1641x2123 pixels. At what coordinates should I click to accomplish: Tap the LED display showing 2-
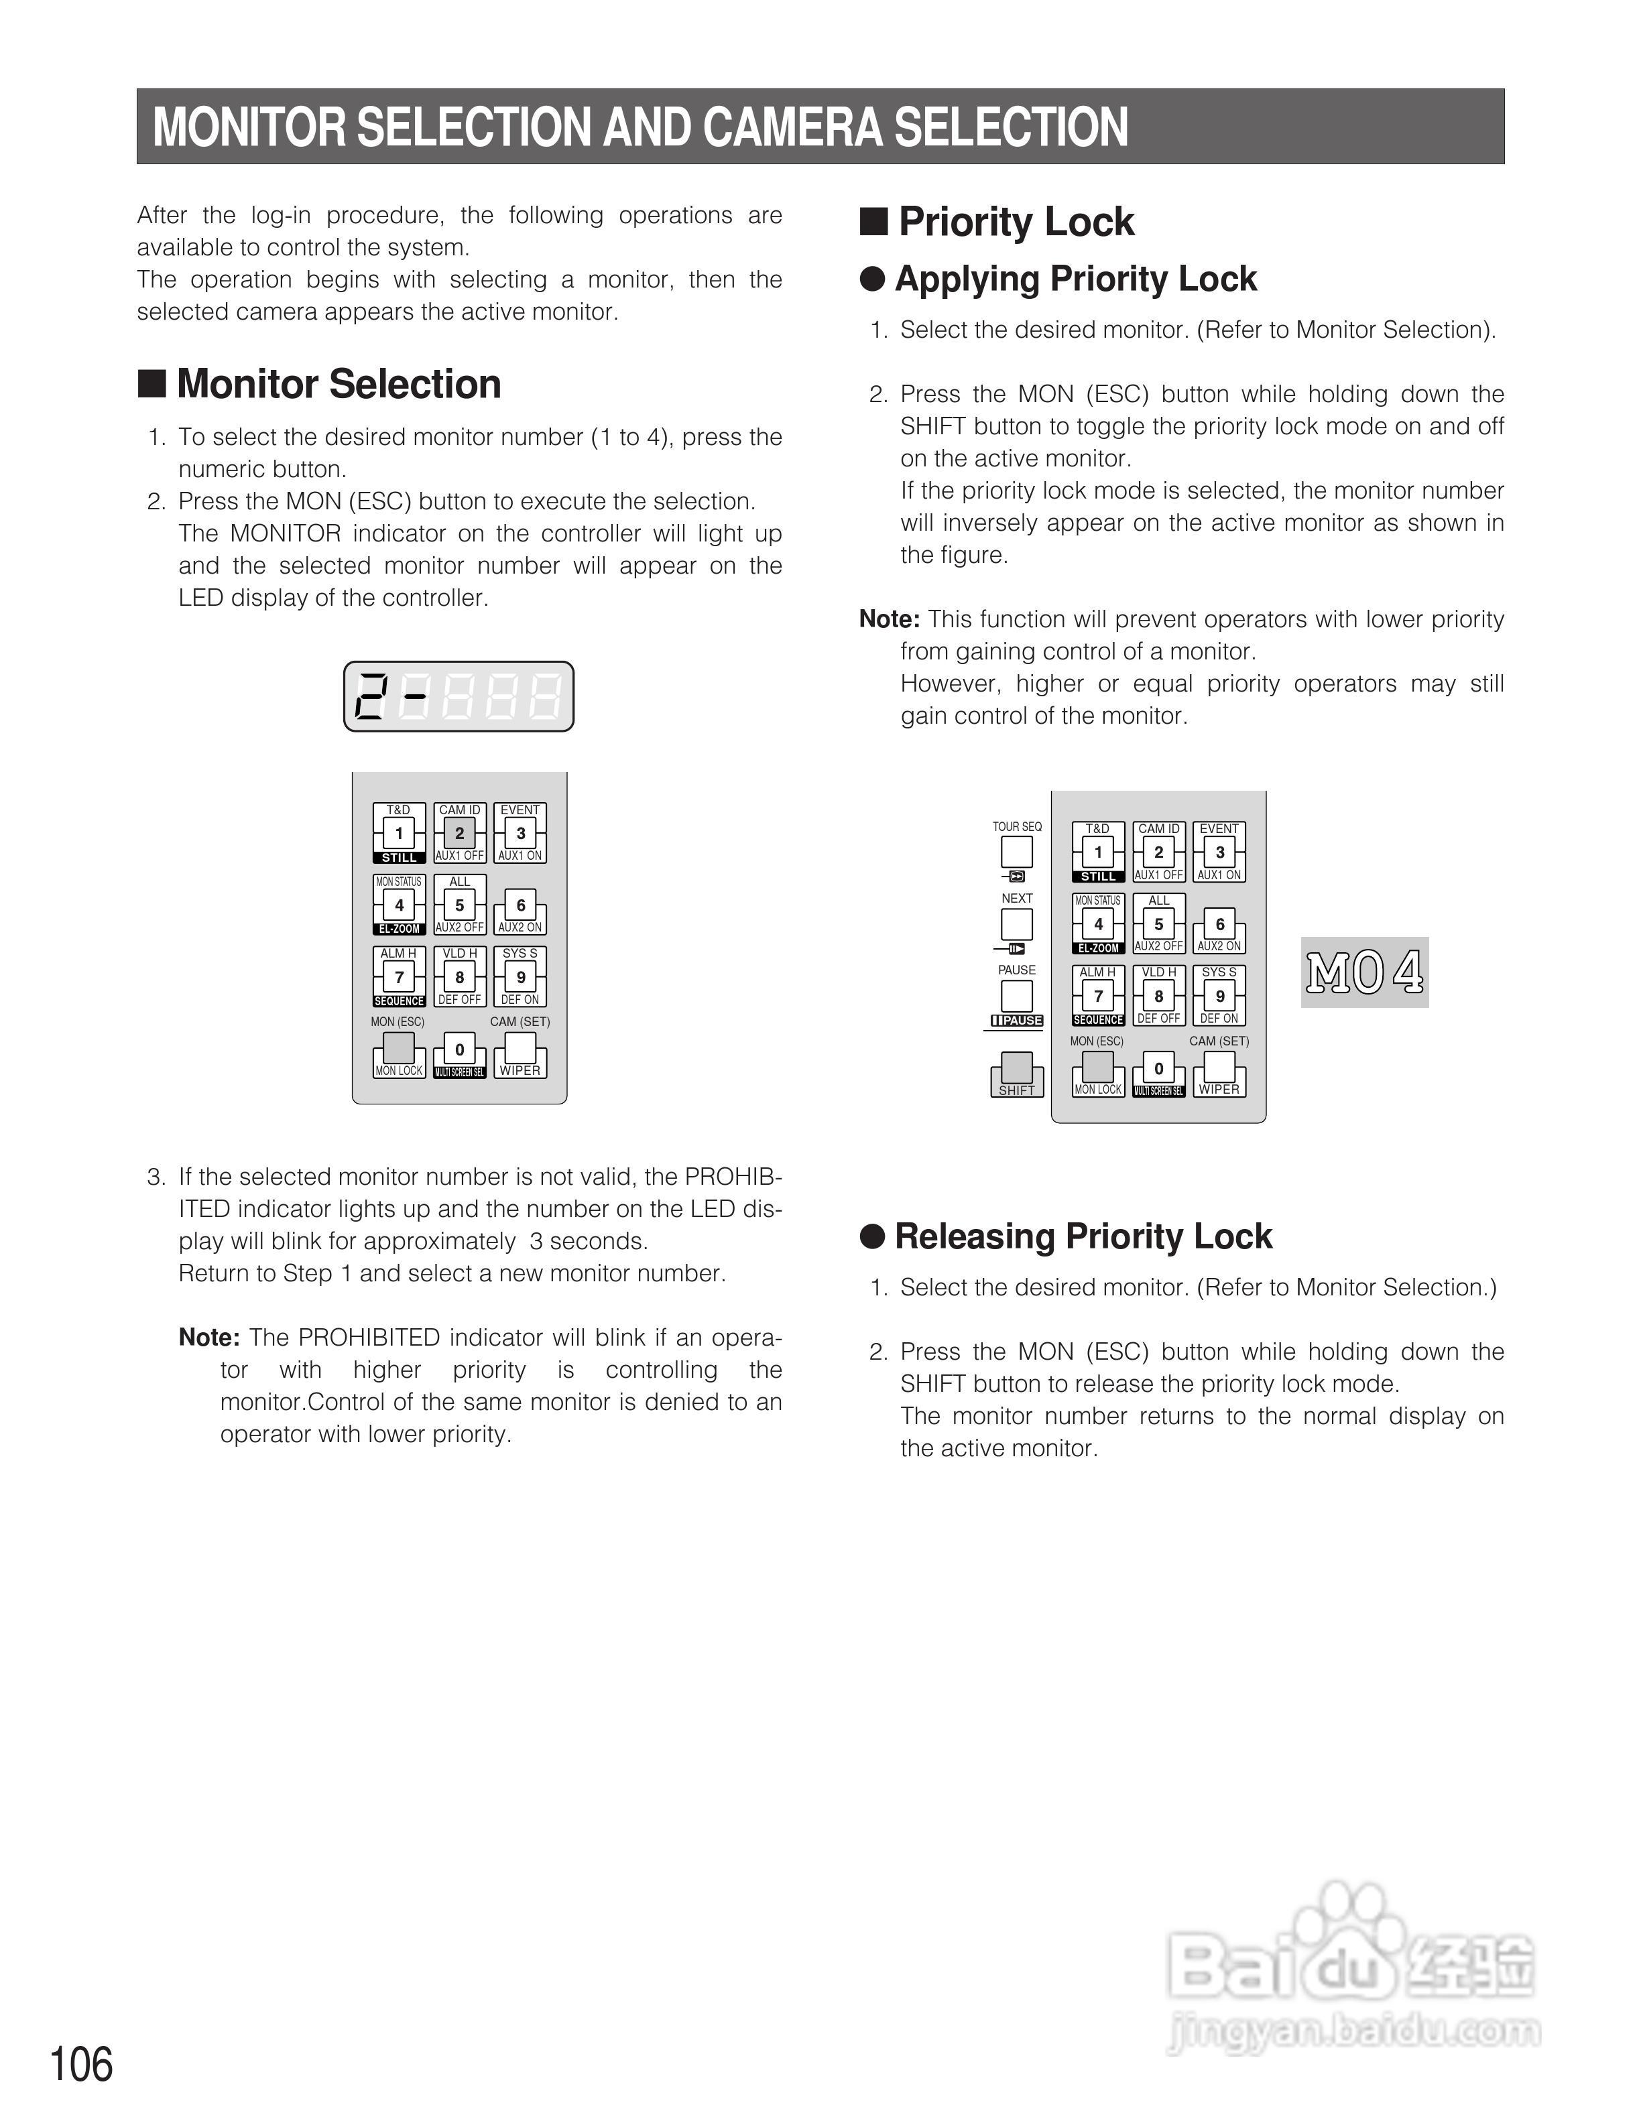pos(459,696)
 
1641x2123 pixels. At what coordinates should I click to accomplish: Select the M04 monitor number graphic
pos(1365,972)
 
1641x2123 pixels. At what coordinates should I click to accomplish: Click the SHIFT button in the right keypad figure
pos(1017,1070)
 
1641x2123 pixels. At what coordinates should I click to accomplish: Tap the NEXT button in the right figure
pos(1017,923)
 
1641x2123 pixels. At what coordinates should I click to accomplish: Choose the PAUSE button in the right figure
pos(1017,995)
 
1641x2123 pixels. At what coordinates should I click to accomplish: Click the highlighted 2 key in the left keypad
pos(460,833)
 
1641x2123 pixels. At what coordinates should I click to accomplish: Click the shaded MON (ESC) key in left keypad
pos(399,1048)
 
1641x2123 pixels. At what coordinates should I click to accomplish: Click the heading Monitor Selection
pos(339,384)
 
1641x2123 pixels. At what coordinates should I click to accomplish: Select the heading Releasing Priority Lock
pos(1083,1236)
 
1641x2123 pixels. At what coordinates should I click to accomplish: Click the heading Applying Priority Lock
pos(1075,279)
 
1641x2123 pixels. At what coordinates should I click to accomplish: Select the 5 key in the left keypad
pos(460,905)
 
